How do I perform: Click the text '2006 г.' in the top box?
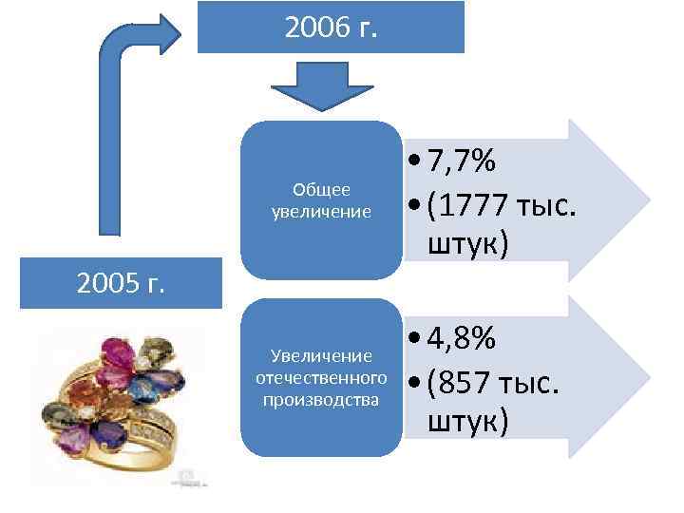(331, 26)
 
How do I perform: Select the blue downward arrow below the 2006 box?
(312, 85)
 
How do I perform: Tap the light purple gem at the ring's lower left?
(74, 437)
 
